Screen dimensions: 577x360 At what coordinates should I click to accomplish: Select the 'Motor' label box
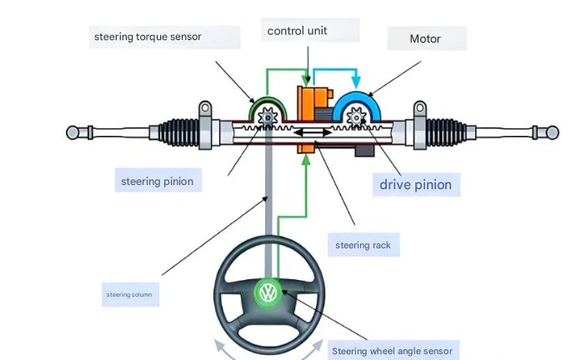(427, 38)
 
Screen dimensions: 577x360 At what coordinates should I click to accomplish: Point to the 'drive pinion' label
(416, 184)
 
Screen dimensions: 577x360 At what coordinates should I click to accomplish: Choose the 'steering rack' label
(364, 244)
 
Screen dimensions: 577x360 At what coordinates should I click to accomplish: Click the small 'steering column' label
(130, 294)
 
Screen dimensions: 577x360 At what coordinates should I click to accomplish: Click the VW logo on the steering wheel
(268, 292)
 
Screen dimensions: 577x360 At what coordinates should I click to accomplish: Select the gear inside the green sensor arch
(268, 117)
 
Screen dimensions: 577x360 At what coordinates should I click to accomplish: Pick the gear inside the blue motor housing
(356, 117)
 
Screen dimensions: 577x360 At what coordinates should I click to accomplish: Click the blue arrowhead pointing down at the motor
(356, 82)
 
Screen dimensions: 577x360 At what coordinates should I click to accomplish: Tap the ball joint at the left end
(73, 132)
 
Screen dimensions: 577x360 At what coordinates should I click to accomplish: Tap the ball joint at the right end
(552, 132)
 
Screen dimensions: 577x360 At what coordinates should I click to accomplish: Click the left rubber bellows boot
(179, 132)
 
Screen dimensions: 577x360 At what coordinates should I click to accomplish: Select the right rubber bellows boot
(446, 132)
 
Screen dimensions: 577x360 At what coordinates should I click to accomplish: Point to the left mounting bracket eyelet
(205, 108)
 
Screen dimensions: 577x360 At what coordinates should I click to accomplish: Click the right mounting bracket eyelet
(420, 108)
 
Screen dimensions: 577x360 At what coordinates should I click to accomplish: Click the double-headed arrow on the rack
(313, 132)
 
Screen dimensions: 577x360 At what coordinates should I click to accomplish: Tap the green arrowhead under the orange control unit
(306, 160)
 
